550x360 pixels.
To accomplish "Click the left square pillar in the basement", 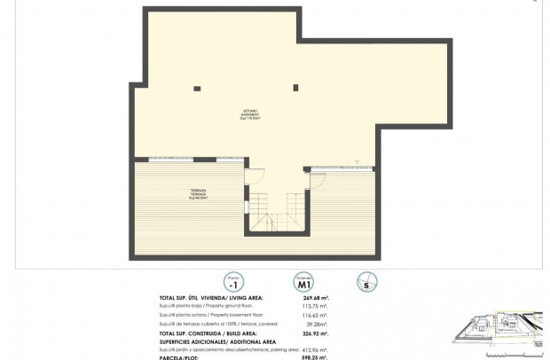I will [197, 87].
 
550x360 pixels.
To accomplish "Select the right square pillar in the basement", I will [296, 87].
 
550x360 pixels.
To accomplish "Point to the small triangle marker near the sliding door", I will [357, 161].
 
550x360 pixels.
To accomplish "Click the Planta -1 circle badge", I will [232, 282].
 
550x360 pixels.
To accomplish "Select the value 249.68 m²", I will [316, 298].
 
